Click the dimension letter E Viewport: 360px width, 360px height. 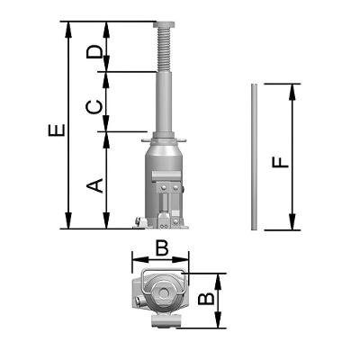click(57, 130)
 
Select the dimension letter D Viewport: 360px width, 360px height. click(94, 52)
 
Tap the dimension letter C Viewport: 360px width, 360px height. click(94, 107)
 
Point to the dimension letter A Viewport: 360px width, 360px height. click(94, 185)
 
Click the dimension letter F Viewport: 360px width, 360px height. click(280, 163)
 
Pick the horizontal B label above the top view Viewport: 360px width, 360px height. click(162, 248)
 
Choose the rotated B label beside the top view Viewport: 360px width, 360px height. click(207, 299)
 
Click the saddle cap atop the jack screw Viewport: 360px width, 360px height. click(164, 24)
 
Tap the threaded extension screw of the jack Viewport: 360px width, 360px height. click(164, 49)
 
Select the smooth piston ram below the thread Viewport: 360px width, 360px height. click(164, 102)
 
